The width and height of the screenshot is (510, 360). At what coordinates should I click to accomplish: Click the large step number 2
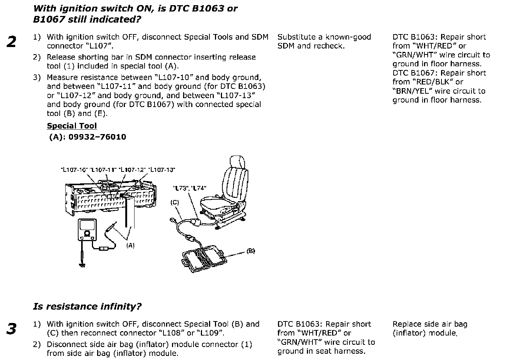[12, 42]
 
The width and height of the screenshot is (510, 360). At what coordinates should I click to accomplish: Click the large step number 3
[12, 329]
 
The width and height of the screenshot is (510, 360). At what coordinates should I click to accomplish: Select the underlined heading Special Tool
[72, 126]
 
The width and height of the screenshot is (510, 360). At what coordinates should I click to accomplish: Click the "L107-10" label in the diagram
[74, 170]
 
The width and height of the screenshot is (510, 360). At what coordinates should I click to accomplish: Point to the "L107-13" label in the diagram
[162, 170]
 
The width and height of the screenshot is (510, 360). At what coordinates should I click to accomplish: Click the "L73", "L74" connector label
[190, 188]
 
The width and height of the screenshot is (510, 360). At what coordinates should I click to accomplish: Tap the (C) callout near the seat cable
[175, 203]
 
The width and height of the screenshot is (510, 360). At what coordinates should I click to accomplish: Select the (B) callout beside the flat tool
[251, 251]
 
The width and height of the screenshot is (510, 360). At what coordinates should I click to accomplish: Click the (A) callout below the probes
[130, 245]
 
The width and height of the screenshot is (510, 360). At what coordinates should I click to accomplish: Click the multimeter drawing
[87, 230]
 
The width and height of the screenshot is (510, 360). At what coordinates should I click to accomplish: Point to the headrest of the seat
[238, 163]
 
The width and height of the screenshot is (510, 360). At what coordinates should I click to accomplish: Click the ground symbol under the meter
[82, 264]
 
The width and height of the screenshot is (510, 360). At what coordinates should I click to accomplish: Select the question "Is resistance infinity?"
[87, 307]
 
